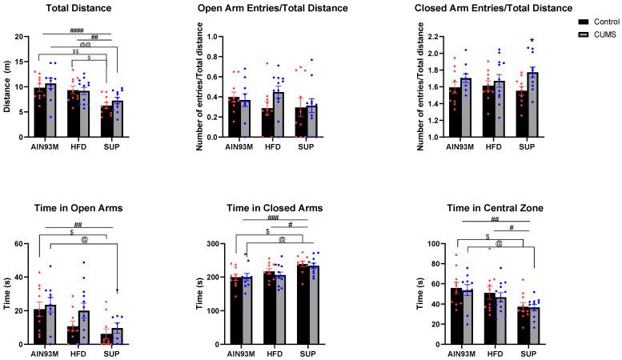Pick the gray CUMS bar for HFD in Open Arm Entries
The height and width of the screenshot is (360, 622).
coord(278,114)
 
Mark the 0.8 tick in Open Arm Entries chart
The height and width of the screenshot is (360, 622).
coord(212,58)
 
